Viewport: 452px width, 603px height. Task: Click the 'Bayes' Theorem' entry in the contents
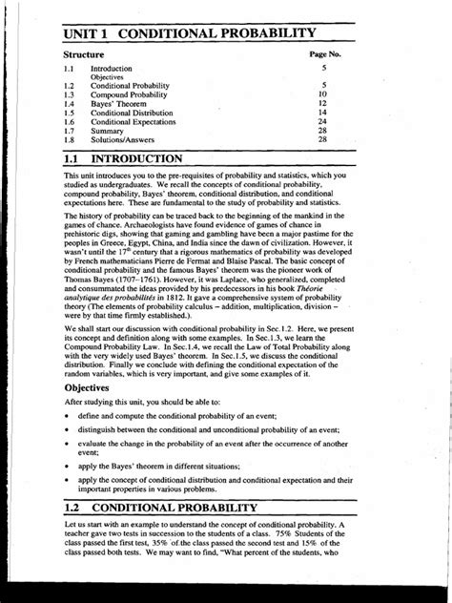coord(119,104)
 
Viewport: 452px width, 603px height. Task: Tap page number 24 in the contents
coord(323,122)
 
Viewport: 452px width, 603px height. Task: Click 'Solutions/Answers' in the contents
coord(125,139)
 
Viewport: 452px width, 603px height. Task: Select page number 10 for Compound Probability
coord(323,95)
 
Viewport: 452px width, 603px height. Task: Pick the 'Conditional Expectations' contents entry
coord(134,122)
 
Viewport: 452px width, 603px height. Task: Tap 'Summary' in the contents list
coord(108,131)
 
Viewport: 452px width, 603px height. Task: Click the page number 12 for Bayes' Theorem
coord(323,104)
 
